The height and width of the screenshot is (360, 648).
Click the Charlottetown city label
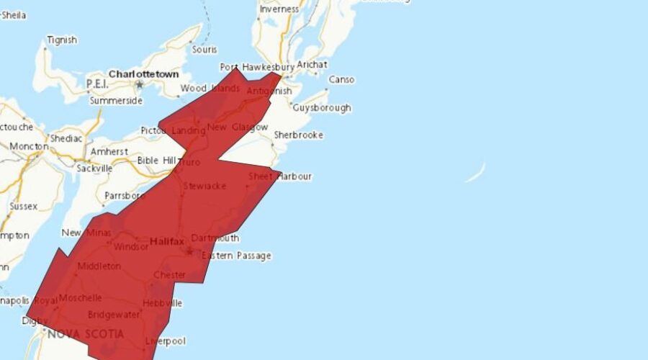click(x=143, y=74)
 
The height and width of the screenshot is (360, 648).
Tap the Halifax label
click(x=167, y=243)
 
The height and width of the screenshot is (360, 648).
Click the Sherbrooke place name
click(x=298, y=135)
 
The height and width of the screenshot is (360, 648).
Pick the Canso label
click(x=341, y=80)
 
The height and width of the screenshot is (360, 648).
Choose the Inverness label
click(x=279, y=9)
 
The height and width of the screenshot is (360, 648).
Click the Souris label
click(x=204, y=50)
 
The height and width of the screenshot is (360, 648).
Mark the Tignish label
click(x=61, y=40)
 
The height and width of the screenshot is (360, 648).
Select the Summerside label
click(x=116, y=101)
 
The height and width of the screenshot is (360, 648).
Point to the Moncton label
click(x=29, y=146)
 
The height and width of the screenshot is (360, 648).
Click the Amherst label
click(x=109, y=152)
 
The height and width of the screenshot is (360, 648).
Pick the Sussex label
click(x=24, y=206)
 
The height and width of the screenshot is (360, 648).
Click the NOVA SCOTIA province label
click(x=85, y=334)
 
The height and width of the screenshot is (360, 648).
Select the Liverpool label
click(x=165, y=341)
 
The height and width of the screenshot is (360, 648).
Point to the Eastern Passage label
click(x=236, y=256)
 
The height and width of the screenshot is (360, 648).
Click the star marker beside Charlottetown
click(x=140, y=85)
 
